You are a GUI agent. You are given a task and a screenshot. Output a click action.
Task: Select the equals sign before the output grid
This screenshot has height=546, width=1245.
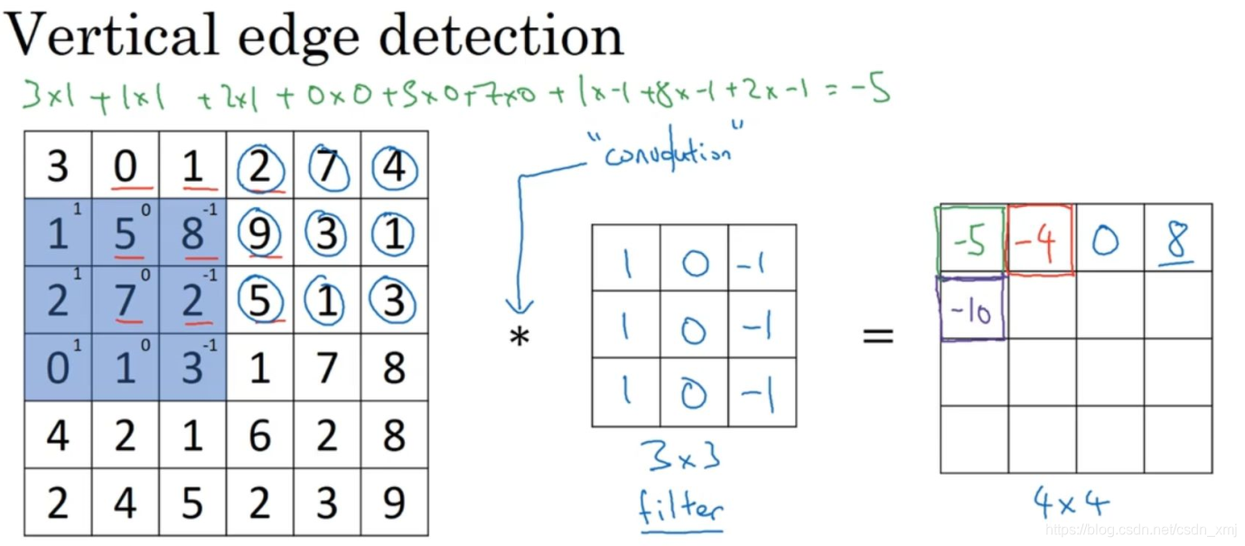877,337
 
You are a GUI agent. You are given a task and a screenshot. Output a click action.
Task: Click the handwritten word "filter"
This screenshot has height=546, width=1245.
681,507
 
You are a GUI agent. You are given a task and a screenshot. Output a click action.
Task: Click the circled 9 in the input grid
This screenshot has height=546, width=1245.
259,233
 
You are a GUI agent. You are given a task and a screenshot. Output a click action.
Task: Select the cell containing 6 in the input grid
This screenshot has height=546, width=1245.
259,436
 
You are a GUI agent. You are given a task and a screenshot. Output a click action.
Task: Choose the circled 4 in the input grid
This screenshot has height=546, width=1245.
394,168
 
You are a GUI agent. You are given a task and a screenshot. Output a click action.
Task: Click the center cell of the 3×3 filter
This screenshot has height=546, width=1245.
694,325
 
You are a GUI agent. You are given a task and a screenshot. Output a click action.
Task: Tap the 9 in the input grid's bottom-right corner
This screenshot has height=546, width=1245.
394,503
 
